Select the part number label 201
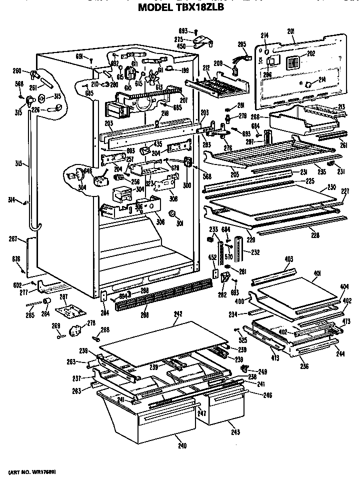tap(290, 31)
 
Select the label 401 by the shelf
tap(316, 273)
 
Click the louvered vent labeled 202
tap(293, 64)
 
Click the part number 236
tap(304, 366)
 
